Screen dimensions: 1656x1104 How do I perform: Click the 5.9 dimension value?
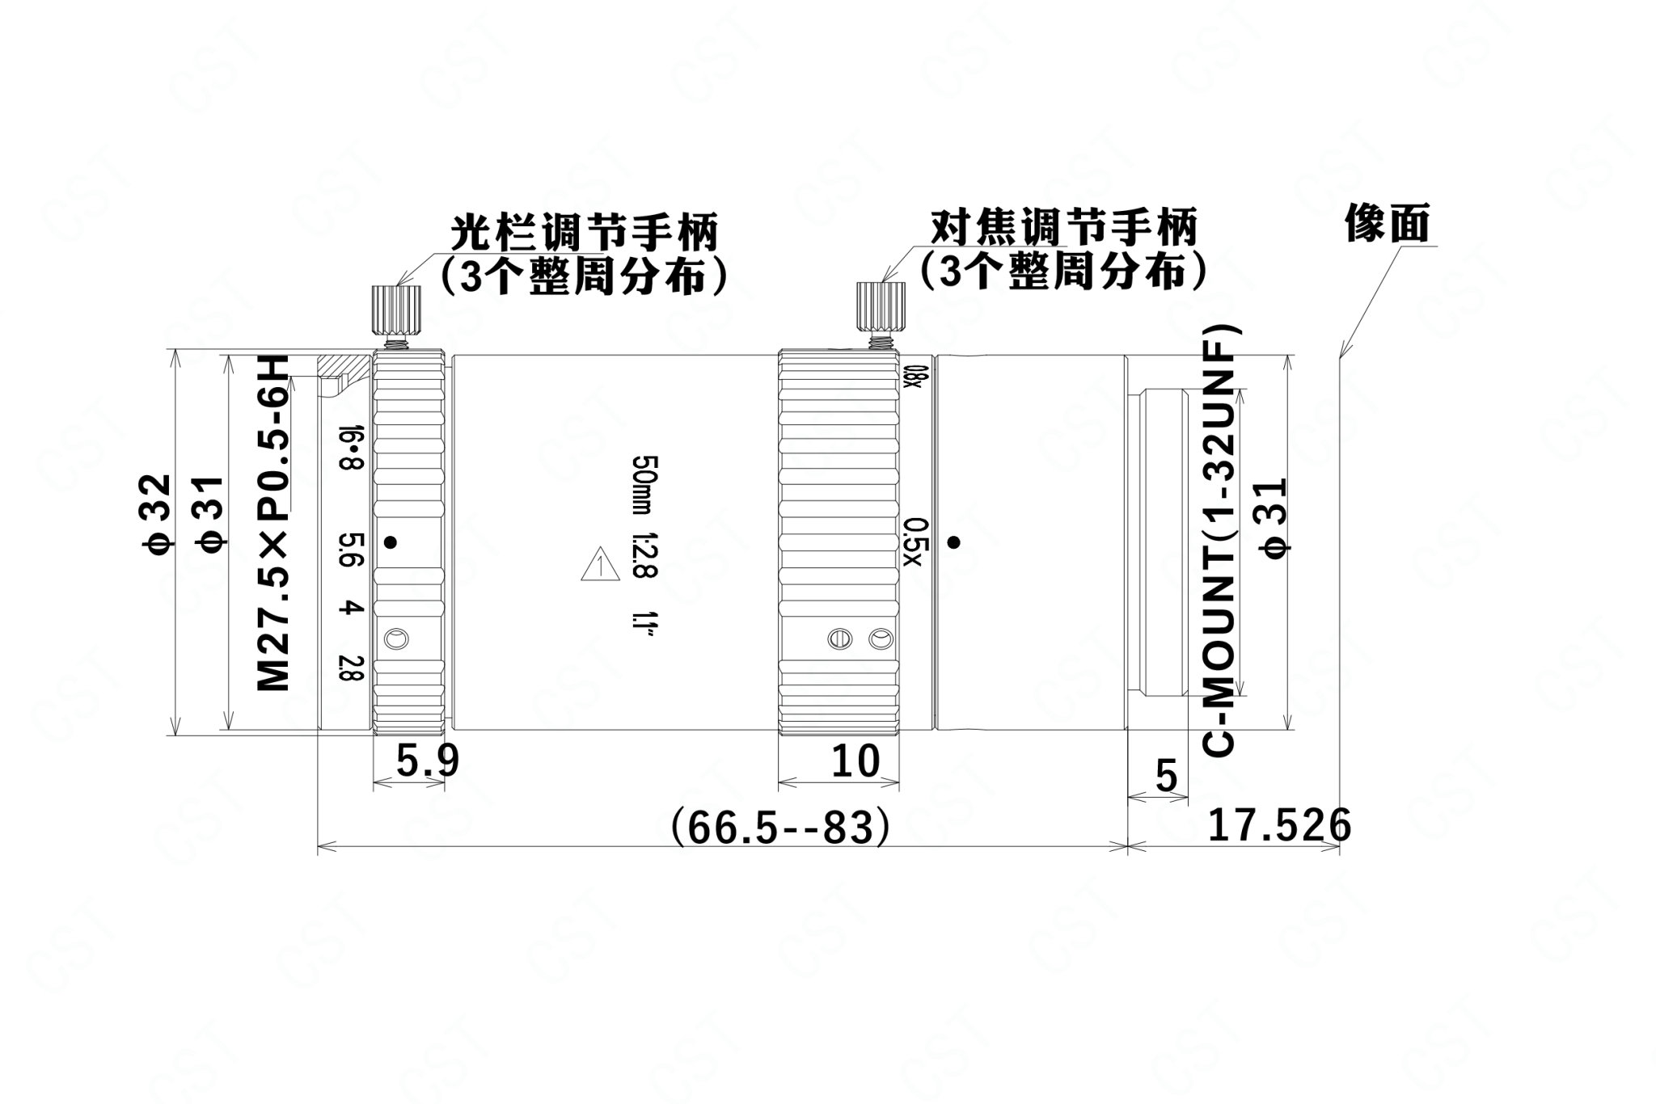tap(427, 761)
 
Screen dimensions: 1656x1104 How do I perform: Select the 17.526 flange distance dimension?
tap(1279, 825)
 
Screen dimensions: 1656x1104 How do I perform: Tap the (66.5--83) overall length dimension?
tap(780, 827)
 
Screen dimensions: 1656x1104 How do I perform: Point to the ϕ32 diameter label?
tap(156, 515)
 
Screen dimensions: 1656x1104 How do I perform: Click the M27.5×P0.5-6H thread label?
tap(272, 524)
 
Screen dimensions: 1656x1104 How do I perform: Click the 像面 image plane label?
tap(1388, 223)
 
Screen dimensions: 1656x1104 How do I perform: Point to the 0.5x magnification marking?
tap(914, 542)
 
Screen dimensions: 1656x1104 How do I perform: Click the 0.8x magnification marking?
tap(913, 377)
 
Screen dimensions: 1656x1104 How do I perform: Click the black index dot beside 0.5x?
tap(954, 542)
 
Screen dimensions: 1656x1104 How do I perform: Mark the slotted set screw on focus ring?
tap(840, 639)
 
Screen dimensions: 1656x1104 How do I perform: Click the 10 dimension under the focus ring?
tap(855, 761)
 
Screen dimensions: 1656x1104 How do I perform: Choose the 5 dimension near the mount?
tap(1166, 776)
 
